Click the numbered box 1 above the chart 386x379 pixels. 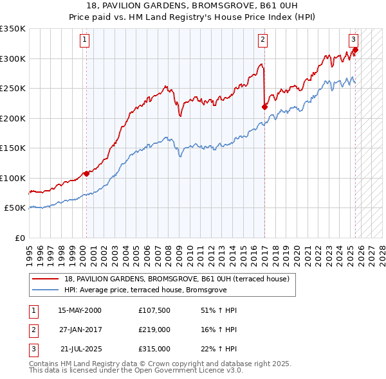click(x=85, y=40)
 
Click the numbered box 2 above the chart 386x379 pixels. click(x=263, y=40)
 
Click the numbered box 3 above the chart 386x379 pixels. click(x=353, y=40)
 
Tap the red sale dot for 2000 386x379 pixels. click(x=86, y=173)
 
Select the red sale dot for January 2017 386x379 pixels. click(x=265, y=107)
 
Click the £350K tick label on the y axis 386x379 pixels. click(x=13, y=29)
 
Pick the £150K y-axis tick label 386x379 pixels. click(x=13, y=148)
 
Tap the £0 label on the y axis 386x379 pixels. click(x=19, y=238)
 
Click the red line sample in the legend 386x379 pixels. click(x=45, y=279)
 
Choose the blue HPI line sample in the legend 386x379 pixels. click(x=45, y=289)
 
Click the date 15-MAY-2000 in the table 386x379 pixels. click(x=80, y=311)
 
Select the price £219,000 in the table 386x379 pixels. click(x=154, y=330)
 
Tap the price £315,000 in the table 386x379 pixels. click(x=154, y=349)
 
